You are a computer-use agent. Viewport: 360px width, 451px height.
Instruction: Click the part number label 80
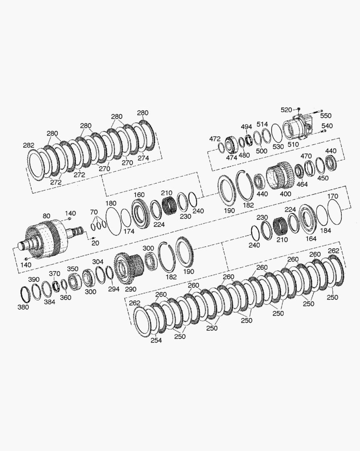47,216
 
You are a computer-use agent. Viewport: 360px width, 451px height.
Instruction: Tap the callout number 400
285,194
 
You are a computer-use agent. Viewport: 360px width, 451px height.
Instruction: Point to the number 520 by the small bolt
286,110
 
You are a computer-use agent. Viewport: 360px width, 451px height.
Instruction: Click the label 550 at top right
325,116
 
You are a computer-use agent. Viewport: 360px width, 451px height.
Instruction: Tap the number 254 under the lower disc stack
156,340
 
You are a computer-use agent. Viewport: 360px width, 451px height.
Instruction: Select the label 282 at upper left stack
29,145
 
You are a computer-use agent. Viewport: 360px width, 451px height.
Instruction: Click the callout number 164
311,238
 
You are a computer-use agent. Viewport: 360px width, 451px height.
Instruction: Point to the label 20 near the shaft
95,243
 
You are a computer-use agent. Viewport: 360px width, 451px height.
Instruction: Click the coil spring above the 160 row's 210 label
169,206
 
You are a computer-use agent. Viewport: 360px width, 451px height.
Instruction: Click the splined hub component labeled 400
279,176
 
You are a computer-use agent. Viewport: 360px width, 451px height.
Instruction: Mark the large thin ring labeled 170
334,211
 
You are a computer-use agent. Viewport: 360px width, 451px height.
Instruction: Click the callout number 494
246,127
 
